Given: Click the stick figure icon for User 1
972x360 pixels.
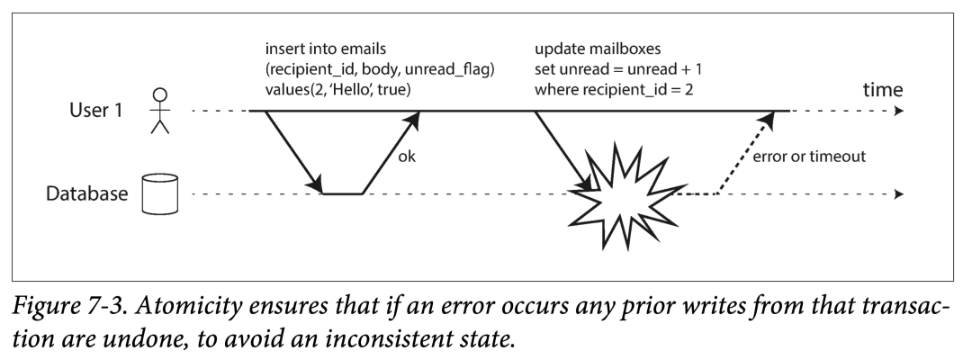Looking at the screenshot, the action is (x=160, y=111).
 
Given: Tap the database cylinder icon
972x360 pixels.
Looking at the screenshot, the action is (x=160, y=193).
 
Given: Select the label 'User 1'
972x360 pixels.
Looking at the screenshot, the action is (x=96, y=111).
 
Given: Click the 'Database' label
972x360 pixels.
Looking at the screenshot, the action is (x=86, y=193).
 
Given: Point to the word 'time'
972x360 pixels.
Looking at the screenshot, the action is (x=883, y=90).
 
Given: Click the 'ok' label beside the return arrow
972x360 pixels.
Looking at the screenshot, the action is (x=407, y=157).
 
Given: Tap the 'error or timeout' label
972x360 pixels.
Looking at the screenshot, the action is (x=809, y=157).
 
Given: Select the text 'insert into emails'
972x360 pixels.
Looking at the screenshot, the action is (x=326, y=49).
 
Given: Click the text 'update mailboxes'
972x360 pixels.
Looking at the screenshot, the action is (x=598, y=49).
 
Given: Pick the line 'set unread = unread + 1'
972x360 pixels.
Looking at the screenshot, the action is (x=618, y=69).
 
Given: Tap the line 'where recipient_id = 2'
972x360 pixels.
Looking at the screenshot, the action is (x=614, y=90).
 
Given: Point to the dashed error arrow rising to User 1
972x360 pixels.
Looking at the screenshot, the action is (x=746, y=153).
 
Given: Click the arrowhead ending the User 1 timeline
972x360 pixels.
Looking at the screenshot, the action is (x=899, y=112).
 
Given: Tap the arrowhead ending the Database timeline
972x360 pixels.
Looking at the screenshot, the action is (x=899, y=193).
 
